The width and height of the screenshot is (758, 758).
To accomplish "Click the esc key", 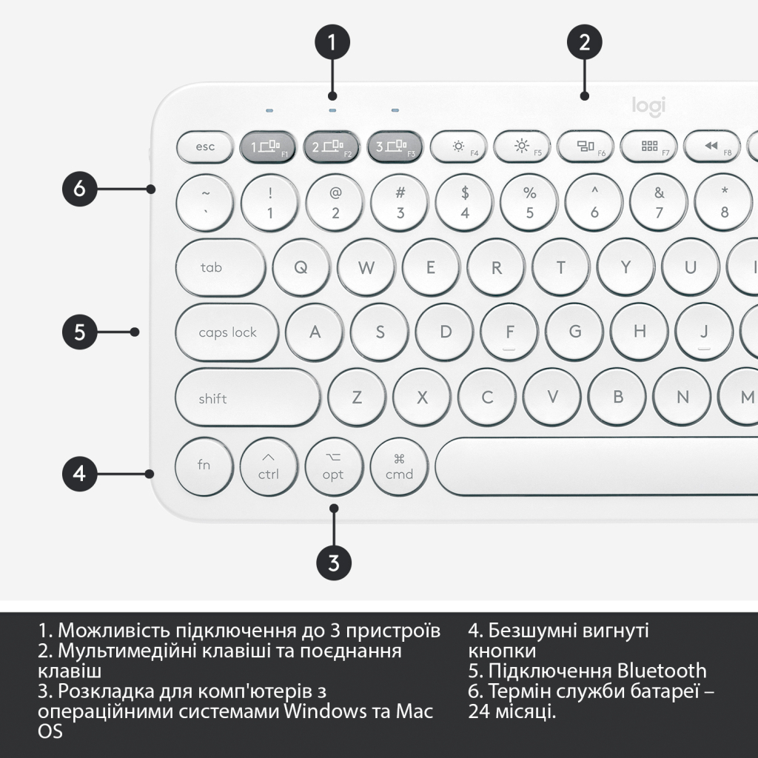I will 205,147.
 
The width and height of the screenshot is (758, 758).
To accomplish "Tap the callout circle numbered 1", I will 332,42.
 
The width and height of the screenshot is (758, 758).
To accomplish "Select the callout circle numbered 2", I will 585,42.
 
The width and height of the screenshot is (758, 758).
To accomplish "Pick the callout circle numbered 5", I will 80,332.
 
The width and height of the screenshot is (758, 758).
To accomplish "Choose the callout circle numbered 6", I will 80,189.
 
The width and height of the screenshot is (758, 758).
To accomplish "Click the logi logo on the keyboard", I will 648,106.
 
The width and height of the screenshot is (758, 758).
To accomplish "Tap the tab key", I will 221,267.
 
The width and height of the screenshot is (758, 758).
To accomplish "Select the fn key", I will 204,466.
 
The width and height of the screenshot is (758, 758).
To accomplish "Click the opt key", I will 333,467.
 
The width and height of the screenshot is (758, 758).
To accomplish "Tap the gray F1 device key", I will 268,147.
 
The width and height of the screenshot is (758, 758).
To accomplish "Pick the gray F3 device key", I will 395,147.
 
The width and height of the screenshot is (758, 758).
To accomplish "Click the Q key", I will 301,267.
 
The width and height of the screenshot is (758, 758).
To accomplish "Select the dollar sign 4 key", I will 465,202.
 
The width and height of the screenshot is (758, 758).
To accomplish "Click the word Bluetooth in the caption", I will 662,671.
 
